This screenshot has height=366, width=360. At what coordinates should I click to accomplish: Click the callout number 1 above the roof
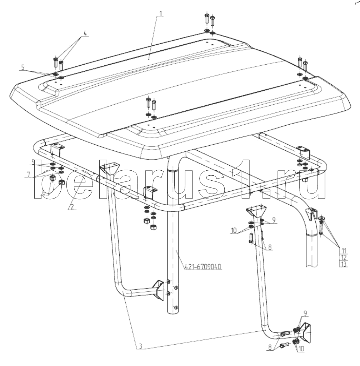[160, 14]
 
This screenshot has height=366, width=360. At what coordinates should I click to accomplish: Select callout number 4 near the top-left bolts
[85, 33]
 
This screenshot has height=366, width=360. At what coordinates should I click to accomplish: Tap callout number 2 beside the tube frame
[72, 207]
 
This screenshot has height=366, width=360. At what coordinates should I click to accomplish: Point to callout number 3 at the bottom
[140, 346]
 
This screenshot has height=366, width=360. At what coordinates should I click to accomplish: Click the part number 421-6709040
[203, 267]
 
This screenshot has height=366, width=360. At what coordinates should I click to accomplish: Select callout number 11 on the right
[344, 251]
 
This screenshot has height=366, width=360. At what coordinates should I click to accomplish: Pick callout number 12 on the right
[344, 258]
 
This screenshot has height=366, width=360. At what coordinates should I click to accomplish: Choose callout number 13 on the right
[344, 264]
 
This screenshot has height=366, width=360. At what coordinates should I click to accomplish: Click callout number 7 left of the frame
[29, 175]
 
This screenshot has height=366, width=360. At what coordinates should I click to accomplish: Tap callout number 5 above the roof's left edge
[22, 68]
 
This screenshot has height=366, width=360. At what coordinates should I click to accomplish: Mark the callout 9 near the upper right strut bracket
[274, 220]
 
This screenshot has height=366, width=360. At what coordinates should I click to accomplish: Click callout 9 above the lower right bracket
[305, 313]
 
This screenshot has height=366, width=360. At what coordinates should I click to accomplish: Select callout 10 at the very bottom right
[301, 349]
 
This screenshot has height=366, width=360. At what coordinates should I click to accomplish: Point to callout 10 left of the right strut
[234, 230]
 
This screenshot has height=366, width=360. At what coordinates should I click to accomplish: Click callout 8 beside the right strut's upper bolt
[270, 247]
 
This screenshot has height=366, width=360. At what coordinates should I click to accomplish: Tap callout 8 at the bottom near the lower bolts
[270, 347]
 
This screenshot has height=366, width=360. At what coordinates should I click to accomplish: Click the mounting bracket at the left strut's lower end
[159, 290]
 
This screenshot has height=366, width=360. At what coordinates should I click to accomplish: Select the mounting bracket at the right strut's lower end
[305, 332]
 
